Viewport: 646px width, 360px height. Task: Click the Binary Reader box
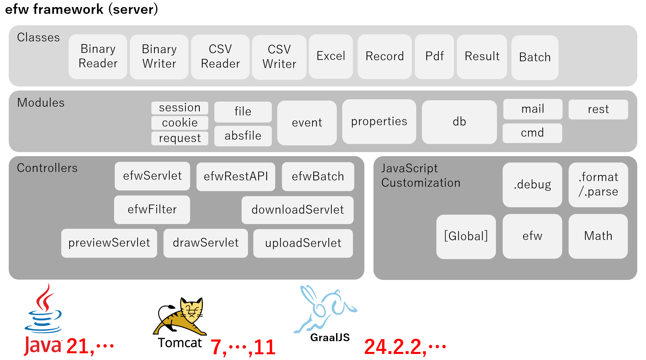point(98,57)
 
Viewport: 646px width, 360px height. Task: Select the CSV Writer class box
point(279,57)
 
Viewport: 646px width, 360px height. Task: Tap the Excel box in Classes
point(331,56)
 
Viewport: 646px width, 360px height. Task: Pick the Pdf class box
point(434,56)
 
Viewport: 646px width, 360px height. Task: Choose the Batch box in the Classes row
point(535,57)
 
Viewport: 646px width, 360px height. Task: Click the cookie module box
point(180,123)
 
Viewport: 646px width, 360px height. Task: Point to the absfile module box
point(243,136)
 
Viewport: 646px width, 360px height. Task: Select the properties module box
point(379,121)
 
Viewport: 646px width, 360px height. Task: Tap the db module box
point(459,122)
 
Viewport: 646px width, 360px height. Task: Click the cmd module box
point(532,133)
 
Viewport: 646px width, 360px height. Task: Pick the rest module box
point(598,109)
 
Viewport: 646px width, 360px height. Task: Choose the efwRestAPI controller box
point(236,176)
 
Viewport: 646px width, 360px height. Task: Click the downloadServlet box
point(297,210)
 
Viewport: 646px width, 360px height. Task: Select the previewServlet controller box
point(109,243)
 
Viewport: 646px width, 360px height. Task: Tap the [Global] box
point(466,236)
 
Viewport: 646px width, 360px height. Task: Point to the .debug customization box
point(532,185)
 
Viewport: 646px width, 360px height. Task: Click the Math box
point(598,236)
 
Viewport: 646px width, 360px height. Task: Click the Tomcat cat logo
point(180,316)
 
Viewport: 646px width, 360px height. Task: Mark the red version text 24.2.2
point(394,347)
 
